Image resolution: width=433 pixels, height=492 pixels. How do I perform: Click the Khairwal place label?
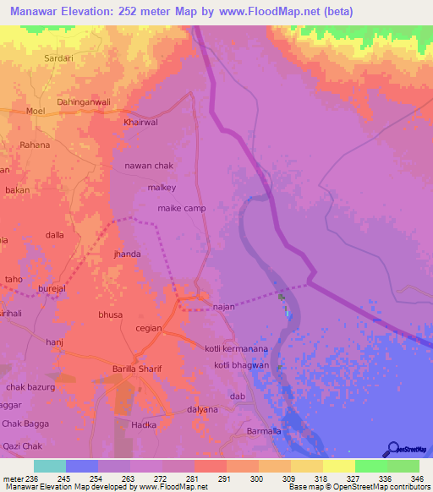coord(141,122)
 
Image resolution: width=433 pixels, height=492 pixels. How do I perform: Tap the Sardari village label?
coord(59,59)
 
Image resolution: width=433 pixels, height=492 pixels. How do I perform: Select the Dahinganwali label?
coord(84,102)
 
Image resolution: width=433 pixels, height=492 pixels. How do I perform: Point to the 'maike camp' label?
coord(182,208)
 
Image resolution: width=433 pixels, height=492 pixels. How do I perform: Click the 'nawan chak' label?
coord(149,166)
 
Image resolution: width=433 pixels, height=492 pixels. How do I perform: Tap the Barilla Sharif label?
coord(137,369)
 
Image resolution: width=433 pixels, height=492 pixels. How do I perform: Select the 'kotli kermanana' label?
coord(237,348)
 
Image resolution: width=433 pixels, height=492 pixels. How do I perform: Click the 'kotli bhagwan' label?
coord(241,364)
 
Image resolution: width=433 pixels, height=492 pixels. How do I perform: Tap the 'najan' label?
coord(223,307)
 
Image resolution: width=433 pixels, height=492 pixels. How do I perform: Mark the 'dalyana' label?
coord(202,409)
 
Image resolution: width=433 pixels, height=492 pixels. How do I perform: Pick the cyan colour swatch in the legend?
coord(50,466)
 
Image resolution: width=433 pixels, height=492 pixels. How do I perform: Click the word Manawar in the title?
coord(33,11)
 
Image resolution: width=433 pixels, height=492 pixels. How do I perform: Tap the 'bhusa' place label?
coord(111,314)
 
